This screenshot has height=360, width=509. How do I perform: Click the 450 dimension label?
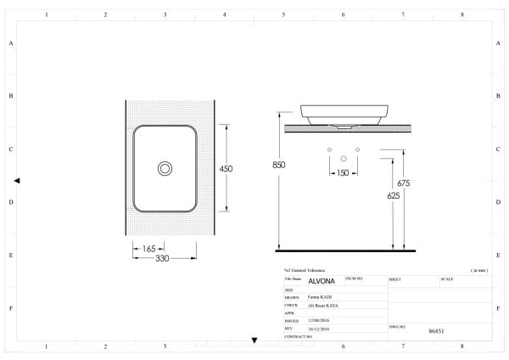(227, 169)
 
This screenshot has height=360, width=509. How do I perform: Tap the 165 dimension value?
(149, 249)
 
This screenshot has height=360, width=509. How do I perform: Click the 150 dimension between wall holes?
(342, 173)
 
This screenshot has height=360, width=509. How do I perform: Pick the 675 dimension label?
(404, 183)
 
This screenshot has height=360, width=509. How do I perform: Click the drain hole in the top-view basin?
(164, 169)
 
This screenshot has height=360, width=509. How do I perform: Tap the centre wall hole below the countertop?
(343, 158)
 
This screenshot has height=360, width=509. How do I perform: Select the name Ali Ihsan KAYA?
(322, 306)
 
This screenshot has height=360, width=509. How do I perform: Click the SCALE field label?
(447, 278)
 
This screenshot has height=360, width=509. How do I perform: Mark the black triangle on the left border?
(17, 181)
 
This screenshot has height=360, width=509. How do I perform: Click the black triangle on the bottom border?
(255, 340)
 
